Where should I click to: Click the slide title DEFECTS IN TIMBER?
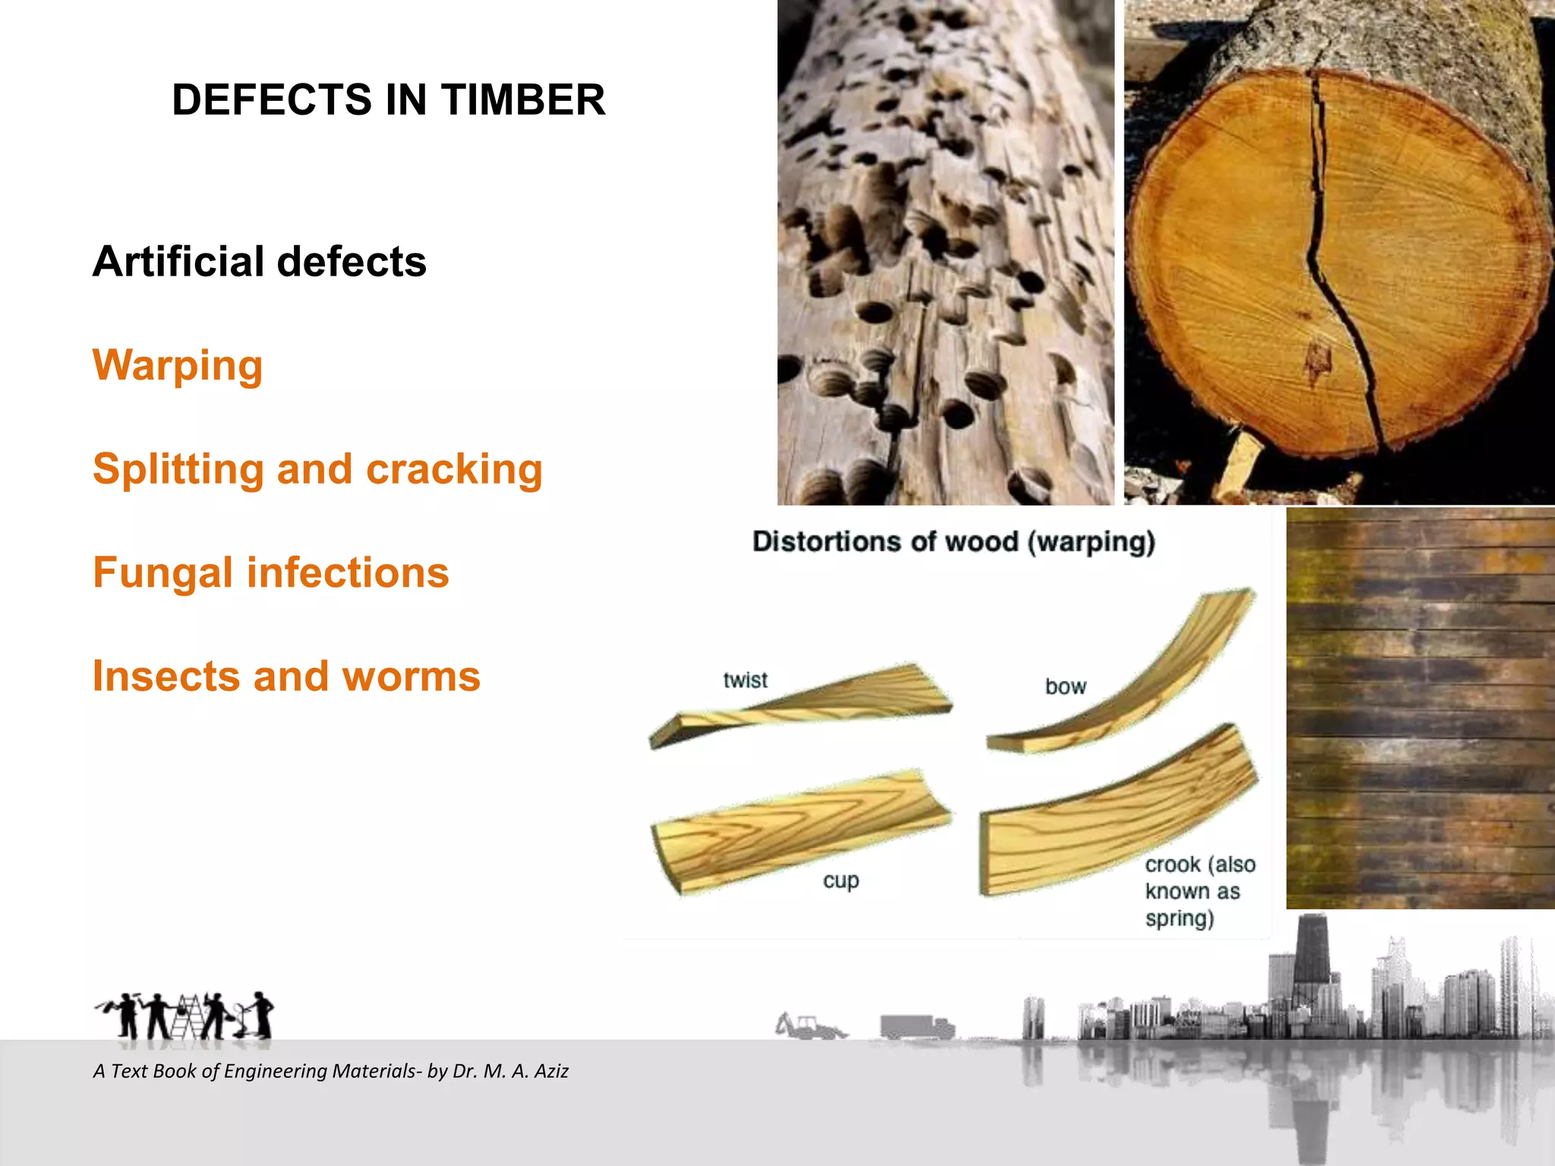(x=388, y=100)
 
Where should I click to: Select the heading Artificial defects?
(x=259, y=262)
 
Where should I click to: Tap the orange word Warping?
(x=178, y=366)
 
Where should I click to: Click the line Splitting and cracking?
(x=317, y=469)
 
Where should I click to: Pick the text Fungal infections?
(x=270, y=573)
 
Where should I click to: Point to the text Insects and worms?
(x=286, y=676)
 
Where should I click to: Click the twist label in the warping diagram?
(x=745, y=680)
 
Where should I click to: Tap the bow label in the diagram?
(x=1065, y=687)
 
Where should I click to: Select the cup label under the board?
(x=841, y=881)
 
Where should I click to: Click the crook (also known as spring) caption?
(x=1198, y=891)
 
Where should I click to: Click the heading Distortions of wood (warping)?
(x=954, y=542)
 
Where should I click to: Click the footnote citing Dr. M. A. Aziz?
(x=330, y=1071)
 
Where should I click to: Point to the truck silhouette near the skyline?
(x=916, y=1026)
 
